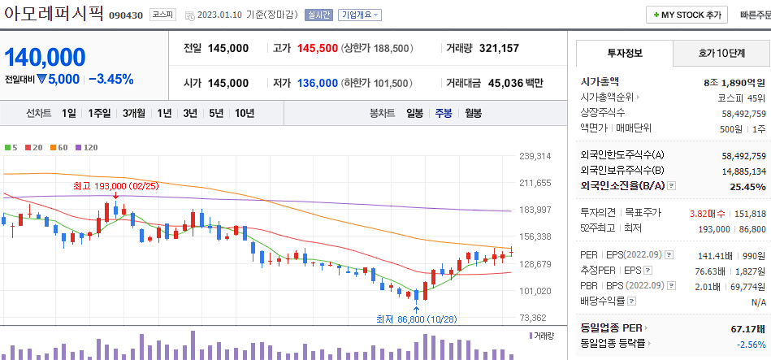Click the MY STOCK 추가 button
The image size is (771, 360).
687,15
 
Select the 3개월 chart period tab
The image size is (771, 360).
134,113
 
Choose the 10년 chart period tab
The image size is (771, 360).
244,113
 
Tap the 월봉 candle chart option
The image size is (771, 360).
474,113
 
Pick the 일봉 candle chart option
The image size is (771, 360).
414,113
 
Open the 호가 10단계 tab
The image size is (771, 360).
721,53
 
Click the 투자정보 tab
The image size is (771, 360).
624,53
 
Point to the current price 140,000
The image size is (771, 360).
45,57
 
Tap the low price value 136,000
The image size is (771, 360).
317,83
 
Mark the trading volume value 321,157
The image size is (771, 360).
499,49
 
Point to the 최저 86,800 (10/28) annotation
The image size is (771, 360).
417,319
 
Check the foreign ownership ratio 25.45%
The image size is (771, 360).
747,187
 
